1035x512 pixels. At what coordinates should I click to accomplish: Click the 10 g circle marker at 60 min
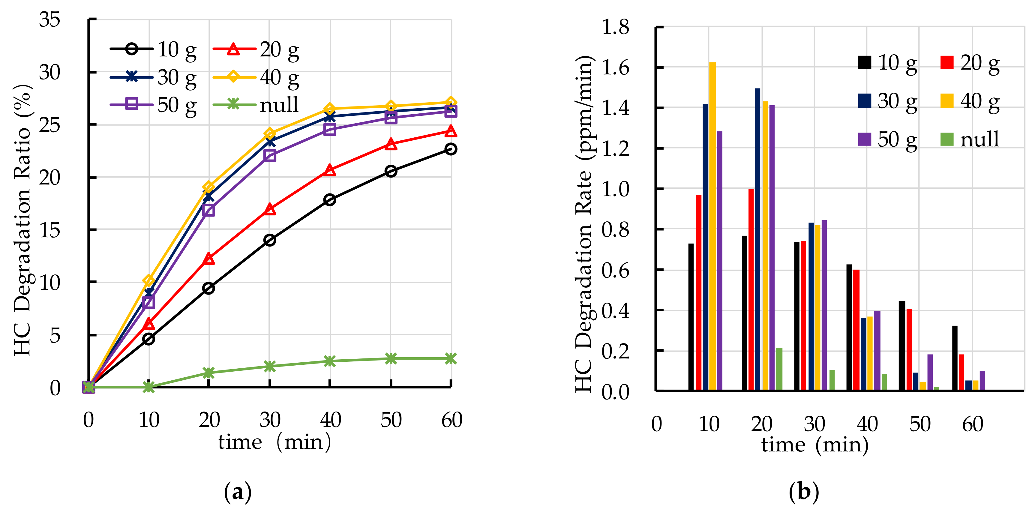tap(451, 149)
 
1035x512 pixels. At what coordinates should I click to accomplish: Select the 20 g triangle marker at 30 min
tap(270, 210)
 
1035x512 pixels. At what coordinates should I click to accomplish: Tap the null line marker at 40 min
tap(329, 361)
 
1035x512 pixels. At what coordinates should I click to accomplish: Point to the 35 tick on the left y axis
tap(49, 19)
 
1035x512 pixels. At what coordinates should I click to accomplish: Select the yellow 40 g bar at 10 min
tap(712, 226)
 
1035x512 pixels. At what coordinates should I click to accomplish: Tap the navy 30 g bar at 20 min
tap(758, 239)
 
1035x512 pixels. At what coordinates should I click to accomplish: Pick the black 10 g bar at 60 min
tap(955, 358)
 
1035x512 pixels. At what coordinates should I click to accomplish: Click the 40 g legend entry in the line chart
tap(257, 77)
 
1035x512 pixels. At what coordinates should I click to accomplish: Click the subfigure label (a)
tap(238, 492)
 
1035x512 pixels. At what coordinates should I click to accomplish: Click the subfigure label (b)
tap(804, 492)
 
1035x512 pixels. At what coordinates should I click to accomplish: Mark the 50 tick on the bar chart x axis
tap(920, 424)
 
